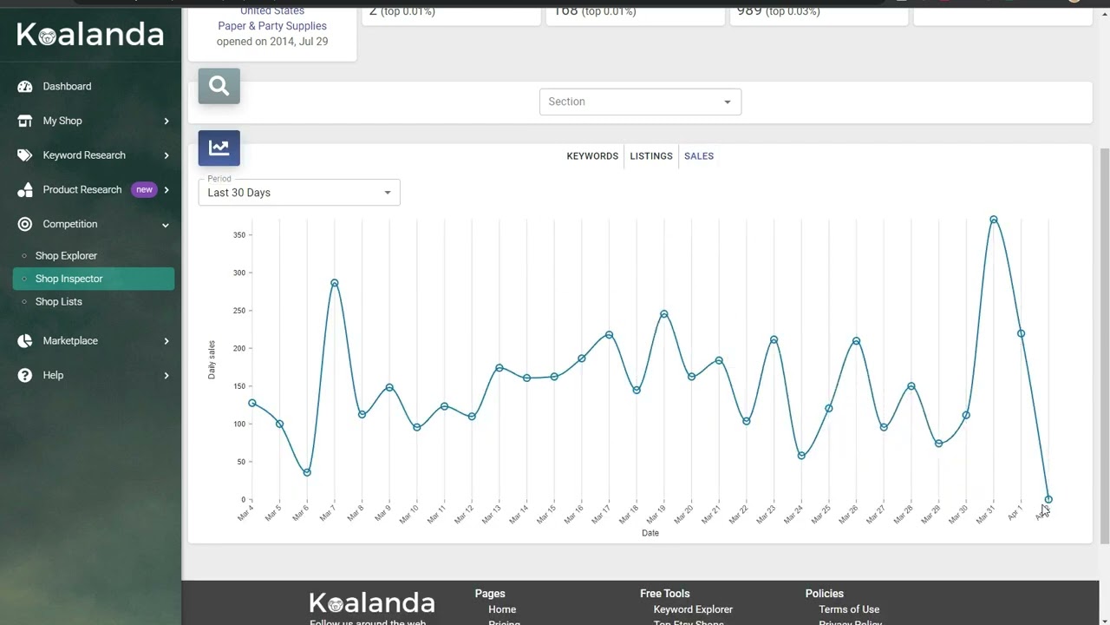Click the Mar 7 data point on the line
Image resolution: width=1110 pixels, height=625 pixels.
tap(335, 283)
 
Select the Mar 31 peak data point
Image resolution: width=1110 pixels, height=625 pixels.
tap(993, 220)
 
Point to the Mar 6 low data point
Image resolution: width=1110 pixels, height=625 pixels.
tap(307, 472)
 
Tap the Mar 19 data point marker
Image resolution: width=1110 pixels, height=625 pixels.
tap(664, 314)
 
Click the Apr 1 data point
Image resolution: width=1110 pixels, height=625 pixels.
tap(1021, 333)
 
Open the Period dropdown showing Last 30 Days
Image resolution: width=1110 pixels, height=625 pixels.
tap(299, 192)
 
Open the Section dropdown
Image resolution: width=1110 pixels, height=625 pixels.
tap(640, 102)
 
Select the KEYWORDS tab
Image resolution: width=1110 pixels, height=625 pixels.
tap(592, 156)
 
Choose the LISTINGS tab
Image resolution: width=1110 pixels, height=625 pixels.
tap(651, 156)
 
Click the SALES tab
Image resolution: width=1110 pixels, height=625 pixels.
tap(699, 156)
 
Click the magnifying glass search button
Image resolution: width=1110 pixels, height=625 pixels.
tap(219, 86)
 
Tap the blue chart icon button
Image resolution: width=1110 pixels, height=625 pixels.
tap(219, 148)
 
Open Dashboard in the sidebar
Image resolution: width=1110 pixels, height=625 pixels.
tap(67, 87)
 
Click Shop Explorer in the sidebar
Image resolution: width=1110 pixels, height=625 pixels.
tap(66, 256)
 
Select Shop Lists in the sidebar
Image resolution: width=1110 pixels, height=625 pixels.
tap(59, 302)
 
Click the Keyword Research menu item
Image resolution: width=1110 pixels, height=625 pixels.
tap(84, 155)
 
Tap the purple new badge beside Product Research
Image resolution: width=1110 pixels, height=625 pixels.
tap(144, 189)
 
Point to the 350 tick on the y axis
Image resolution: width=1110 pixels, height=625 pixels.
tap(238, 235)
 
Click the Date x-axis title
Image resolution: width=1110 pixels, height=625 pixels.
tap(650, 533)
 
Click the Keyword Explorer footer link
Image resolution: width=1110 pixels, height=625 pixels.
tap(693, 609)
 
